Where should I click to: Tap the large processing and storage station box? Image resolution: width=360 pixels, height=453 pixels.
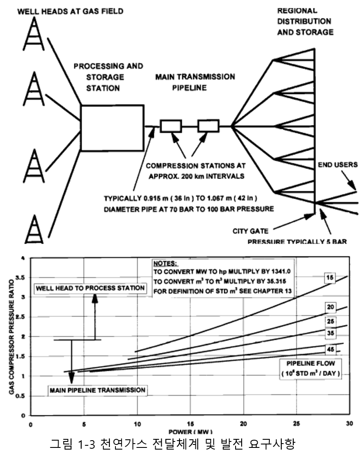[112, 127]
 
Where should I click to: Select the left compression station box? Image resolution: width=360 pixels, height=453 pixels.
[171, 126]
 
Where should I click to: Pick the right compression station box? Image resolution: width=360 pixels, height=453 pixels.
[209, 126]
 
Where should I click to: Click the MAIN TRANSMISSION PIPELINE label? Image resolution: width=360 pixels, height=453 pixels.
[195, 82]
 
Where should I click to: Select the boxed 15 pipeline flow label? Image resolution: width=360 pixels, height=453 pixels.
[329, 278]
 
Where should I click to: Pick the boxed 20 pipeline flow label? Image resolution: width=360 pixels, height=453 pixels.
[330, 307]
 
